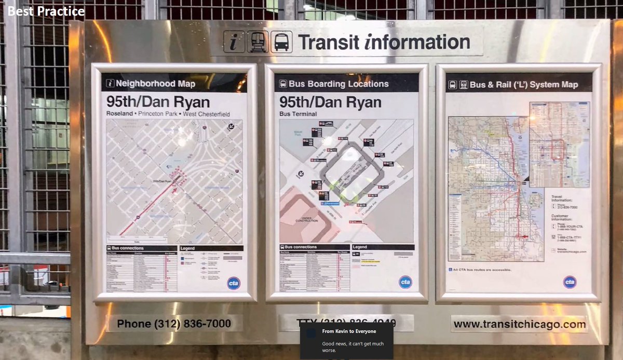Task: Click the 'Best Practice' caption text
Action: pyautogui.click(x=46, y=11)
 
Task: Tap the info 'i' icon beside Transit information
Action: pyautogui.click(x=234, y=42)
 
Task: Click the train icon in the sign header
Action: pyautogui.click(x=258, y=42)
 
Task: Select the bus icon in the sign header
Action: pyautogui.click(x=281, y=42)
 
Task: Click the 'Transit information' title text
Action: pyautogui.click(x=384, y=42)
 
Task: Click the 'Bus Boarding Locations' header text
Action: pyautogui.click(x=338, y=84)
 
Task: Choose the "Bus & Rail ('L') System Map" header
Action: pyautogui.click(x=523, y=85)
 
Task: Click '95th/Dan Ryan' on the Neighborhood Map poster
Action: pyautogui.click(x=158, y=101)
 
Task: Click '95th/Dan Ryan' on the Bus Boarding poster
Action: pyautogui.click(x=330, y=102)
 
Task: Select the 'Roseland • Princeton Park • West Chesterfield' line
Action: pyautogui.click(x=168, y=114)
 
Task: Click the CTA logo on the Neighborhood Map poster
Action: pyautogui.click(x=234, y=283)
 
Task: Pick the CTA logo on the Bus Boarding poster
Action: pyautogui.click(x=405, y=282)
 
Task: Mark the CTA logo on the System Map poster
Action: pyautogui.click(x=570, y=282)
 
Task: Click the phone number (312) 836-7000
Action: pyautogui.click(x=174, y=324)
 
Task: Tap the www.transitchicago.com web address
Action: pyautogui.click(x=519, y=325)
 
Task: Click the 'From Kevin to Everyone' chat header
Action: pyautogui.click(x=349, y=331)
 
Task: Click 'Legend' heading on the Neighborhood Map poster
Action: pyautogui.click(x=188, y=248)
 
